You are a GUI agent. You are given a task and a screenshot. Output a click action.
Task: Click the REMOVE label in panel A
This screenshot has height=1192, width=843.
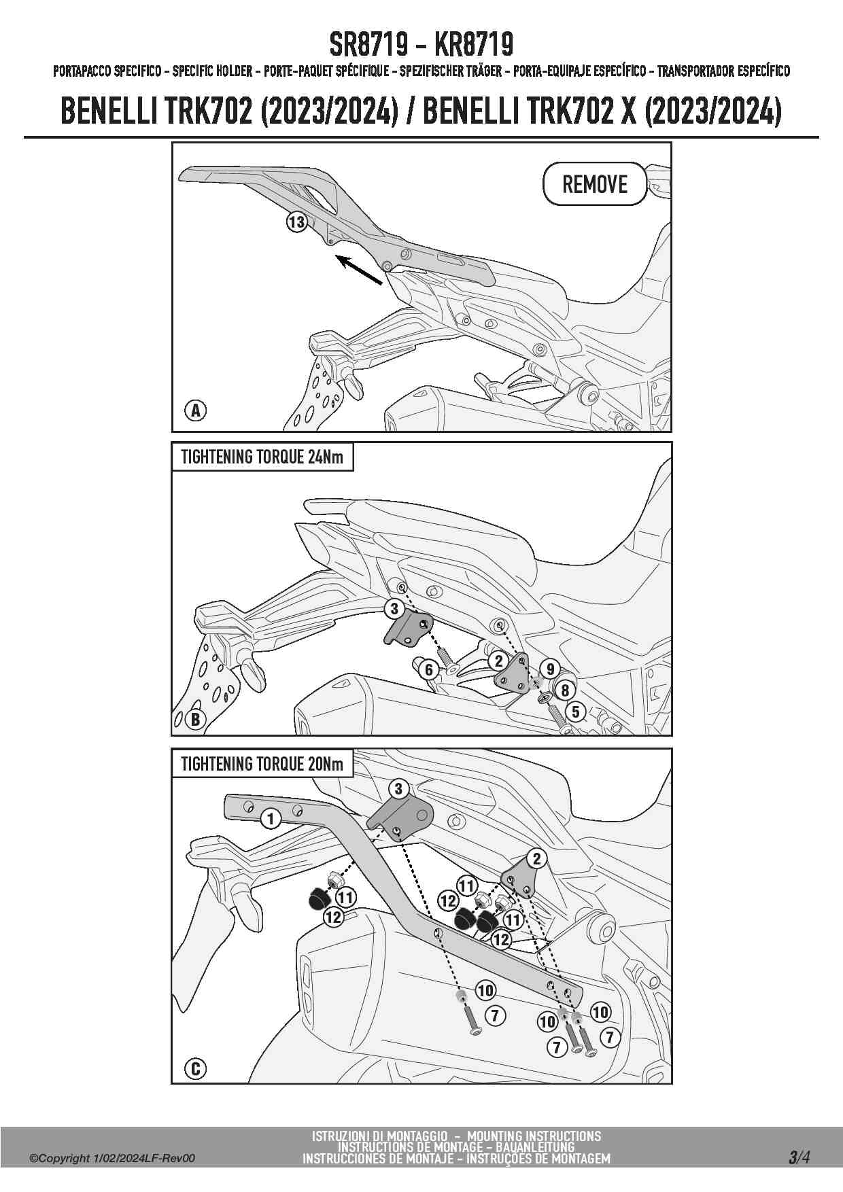pyautogui.click(x=595, y=183)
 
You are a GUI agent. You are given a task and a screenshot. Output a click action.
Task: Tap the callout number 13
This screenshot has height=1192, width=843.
pyautogui.click(x=297, y=222)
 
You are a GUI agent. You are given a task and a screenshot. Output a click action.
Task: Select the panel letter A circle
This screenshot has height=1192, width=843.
pyautogui.click(x=196, y=410)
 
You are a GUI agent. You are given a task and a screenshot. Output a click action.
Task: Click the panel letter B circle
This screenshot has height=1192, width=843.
pyautogui.click(x=196, y=719)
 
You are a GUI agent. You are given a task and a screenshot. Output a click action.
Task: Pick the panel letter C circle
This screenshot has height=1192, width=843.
pyautogui.click(x=196, y=1069)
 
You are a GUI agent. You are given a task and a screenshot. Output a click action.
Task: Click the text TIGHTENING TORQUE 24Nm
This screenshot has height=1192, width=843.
pyautogui.click(x=262, y=457)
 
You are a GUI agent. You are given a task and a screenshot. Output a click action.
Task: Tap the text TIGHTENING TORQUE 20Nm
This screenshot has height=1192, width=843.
pyautogui.click(x=262, y=763)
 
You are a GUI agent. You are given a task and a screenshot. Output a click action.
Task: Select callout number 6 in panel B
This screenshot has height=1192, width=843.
pyautogui.click(x=429, y=669)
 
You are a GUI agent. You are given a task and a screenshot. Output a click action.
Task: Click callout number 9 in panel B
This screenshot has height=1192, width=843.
pyautogui.click(x=551, y=669)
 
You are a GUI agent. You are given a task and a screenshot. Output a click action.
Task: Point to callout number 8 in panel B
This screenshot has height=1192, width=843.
pyautogui.click(x=565, y=691)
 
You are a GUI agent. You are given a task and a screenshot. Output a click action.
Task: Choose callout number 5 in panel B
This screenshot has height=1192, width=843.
pyautogui.click(x=576, y=712)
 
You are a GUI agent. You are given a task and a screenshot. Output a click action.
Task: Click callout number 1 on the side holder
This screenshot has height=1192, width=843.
pyautogui.click(x=271, y=819)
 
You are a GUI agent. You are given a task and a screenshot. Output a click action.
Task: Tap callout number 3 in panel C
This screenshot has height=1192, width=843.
pyautogui.click(x=398, y=789)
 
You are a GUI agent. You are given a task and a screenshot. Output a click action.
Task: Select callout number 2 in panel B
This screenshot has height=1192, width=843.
pyautogui.click(x=499, y=660)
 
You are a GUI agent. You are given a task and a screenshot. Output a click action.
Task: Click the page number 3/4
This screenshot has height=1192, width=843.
pyautogui.click(x=799, y=1157)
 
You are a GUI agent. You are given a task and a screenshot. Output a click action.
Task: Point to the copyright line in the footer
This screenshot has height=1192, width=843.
pyautogui.click(x=112, y=1158)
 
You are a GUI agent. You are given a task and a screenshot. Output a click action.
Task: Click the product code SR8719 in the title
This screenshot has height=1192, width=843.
pyautogui.click(x=368, y=45)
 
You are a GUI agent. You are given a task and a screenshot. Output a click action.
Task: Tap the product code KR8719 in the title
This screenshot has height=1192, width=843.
pyautogui.click(x=473, y=45)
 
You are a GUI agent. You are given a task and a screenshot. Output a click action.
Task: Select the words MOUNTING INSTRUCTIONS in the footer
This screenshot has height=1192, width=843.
pyautogui.click(x=534, y=1136)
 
